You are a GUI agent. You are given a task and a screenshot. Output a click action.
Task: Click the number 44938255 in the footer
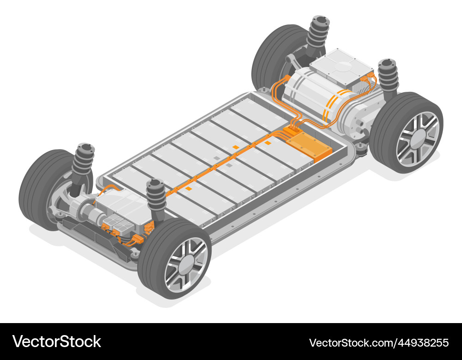coord(419,342)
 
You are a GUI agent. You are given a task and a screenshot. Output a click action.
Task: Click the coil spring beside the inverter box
coord(388,76)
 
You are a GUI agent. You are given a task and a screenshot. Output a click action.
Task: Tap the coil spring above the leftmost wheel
coord(85,159)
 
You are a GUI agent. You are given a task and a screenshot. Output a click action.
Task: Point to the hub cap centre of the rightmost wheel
coord(417,138)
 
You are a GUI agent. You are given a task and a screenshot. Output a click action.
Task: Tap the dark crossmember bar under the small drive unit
coord(92,233)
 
